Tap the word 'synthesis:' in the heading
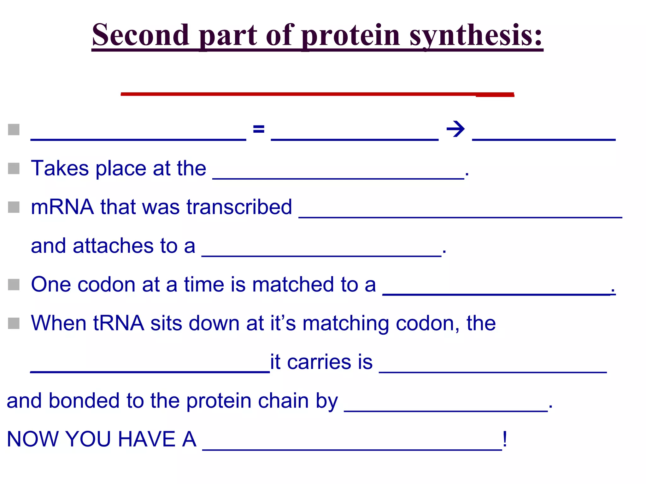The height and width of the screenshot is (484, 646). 476,35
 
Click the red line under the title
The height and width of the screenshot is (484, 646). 317,94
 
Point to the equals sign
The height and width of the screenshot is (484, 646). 259,129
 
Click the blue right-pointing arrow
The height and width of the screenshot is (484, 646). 455,129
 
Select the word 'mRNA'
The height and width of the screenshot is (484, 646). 62,207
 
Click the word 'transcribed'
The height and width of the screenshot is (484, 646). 239,207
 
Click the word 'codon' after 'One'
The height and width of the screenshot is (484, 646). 107,285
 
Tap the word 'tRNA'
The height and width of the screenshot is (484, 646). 118,323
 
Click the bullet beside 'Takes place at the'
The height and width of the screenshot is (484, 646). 14,168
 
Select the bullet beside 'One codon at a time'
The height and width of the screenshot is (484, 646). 14,285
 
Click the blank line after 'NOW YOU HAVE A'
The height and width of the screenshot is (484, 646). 352,449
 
